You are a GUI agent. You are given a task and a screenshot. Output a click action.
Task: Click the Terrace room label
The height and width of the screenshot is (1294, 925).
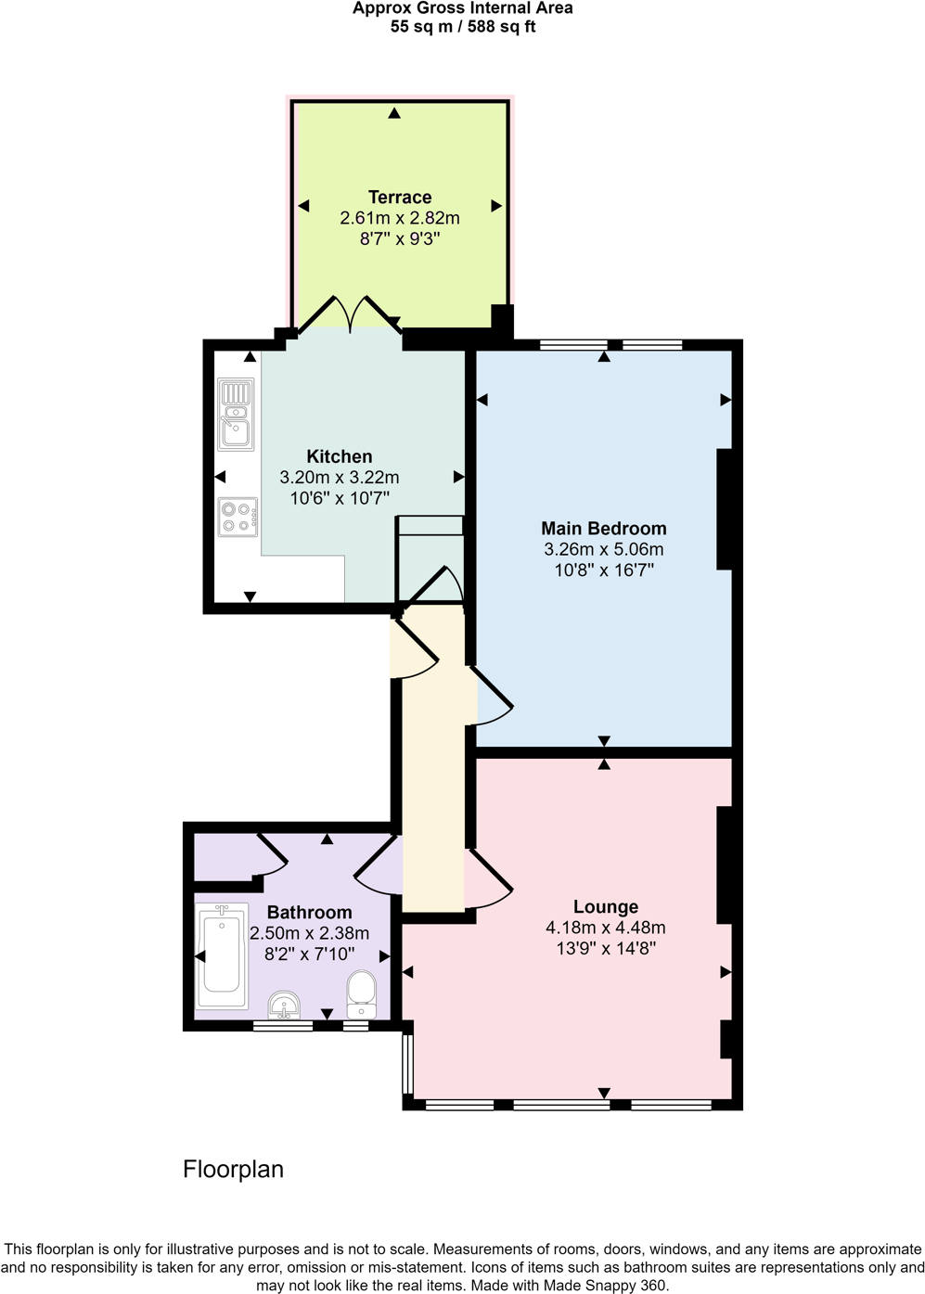(400, 198)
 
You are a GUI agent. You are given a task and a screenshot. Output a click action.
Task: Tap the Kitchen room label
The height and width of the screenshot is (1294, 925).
(340, 456)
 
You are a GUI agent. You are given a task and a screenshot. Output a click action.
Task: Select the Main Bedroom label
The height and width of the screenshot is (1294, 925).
(604, 529)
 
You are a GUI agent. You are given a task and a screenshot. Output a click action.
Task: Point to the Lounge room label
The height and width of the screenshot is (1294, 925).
(606, 907)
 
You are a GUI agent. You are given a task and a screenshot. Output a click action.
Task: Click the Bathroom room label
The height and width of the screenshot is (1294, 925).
(310, 913)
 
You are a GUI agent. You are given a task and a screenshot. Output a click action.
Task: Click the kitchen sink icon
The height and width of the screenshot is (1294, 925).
(236, 414)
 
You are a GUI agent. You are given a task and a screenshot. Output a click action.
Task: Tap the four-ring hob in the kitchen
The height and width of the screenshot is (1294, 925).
(238, 517)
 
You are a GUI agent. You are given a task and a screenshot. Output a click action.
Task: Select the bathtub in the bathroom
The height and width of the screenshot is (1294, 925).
(222, 955)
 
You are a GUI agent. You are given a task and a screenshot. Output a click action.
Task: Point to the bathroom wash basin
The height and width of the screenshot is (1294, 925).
(284, 1005)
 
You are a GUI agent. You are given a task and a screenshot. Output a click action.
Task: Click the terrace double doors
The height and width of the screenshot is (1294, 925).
(350, 314)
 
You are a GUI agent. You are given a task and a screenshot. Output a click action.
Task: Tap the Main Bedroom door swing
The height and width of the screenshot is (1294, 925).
(493, 697)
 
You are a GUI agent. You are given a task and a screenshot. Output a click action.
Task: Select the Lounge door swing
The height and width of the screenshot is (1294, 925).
(488, 879)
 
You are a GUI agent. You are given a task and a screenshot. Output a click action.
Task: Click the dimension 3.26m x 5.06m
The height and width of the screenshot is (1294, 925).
(604, 549)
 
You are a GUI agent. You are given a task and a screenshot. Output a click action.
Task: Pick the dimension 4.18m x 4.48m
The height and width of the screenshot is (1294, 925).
(606, 928)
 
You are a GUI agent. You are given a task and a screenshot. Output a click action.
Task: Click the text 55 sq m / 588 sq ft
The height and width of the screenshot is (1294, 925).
(463, 27)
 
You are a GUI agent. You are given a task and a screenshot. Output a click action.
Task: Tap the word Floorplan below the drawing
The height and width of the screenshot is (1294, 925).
(233, 1170)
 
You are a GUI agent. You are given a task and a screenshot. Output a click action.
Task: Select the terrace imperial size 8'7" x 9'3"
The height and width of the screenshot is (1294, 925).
(400, 238)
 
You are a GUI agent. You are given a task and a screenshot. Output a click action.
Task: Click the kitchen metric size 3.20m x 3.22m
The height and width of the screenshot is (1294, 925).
(340, 478)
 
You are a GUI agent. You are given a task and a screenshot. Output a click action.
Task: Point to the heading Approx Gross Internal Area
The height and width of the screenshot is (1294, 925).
(463, 8)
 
